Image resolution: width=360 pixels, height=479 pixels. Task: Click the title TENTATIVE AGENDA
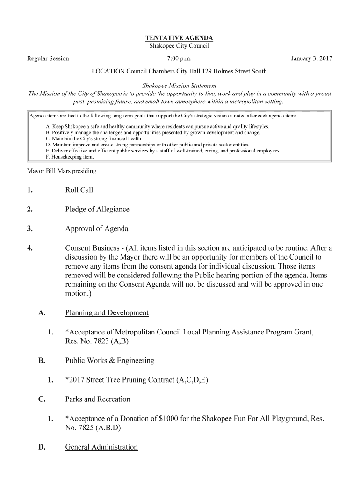click(179, 38)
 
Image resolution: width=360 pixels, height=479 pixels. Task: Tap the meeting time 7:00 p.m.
click(179, 58)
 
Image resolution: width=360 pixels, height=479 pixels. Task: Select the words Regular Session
click(48, 58)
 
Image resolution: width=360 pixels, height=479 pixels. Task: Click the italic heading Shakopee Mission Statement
click(179, 86)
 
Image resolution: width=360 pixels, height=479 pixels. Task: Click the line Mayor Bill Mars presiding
click(62, 171)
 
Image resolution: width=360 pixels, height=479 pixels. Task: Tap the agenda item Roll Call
click(79, 190)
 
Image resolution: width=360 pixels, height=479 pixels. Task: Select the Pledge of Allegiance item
click(97, 209)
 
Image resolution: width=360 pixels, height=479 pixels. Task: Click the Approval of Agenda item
click(96, 229)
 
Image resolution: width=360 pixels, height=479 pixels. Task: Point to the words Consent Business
click(92, 248)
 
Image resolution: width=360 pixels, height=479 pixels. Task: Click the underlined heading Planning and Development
click(107, 313)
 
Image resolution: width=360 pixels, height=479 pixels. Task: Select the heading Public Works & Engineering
click(109, 361)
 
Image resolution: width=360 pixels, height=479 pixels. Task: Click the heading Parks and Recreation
click(98, 399)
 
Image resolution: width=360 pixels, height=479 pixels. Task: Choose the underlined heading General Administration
click(101, 447)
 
